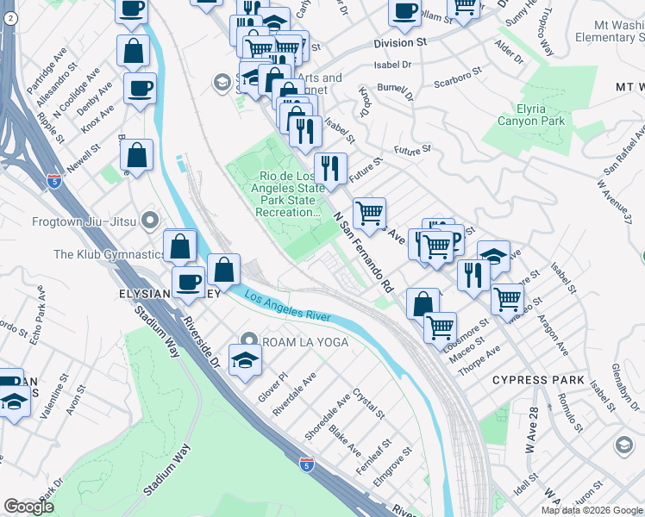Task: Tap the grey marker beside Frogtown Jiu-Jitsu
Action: [x=151, y=221]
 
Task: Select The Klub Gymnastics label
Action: [x=108, y=254]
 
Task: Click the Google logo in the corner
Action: [x=29, y=507]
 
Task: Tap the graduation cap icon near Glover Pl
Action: [x=245, y=360]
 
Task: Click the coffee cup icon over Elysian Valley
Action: [x=188, y=281]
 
